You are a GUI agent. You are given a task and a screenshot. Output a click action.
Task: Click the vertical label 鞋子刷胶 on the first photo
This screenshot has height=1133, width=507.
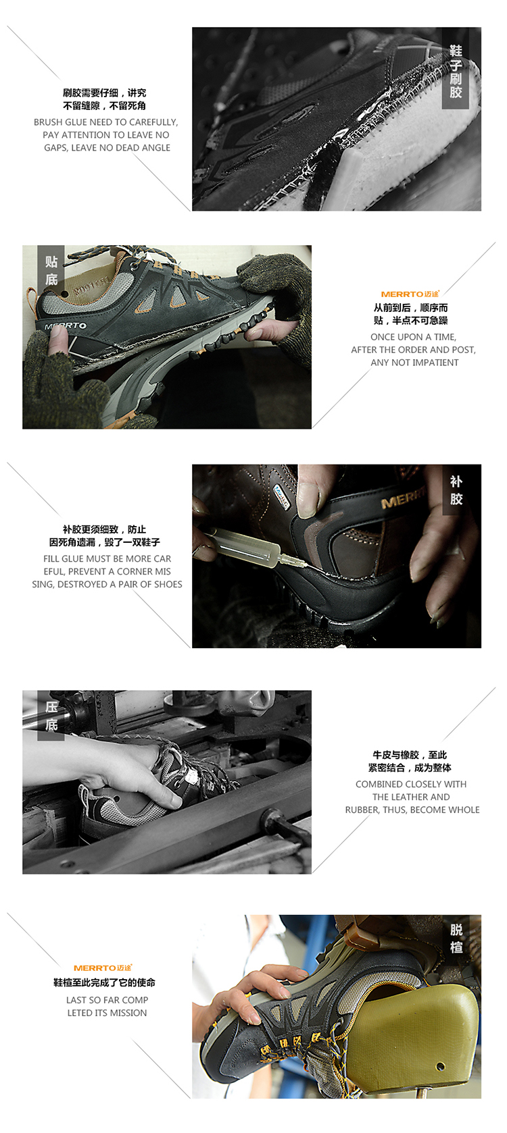(456, 72)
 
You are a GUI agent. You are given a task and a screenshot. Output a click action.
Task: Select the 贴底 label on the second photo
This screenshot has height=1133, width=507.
(51, 270)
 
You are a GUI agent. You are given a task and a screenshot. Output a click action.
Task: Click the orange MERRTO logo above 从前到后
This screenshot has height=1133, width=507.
(410, 294)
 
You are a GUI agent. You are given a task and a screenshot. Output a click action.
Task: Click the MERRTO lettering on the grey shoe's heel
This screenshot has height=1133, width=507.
(66, 326)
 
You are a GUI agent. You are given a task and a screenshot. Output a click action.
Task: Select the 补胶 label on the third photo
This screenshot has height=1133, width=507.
(456, 490)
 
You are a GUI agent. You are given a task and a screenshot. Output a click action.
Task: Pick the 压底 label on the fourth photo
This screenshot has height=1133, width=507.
(51, 716)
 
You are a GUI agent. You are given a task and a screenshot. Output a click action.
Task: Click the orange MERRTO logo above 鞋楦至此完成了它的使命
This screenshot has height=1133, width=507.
(103, 968)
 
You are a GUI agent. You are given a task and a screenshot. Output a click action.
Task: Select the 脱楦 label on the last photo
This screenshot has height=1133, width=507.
(456, 939)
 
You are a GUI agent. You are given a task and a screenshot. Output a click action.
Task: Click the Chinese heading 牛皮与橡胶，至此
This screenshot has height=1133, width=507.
(410, 755)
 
